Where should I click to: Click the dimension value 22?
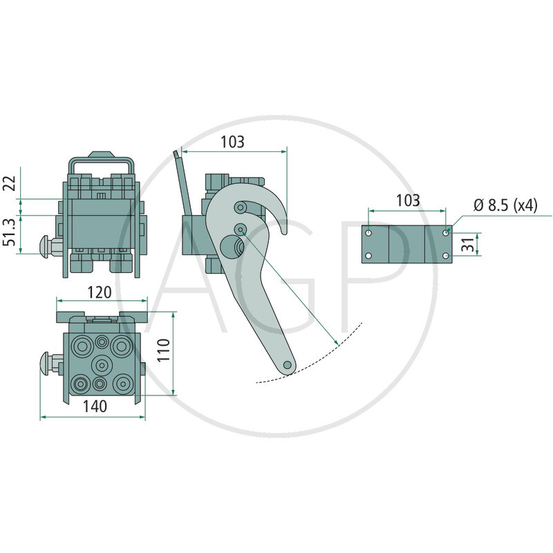tap(9, 183)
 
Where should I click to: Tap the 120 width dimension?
tap(100, 292)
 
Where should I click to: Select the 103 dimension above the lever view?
tap(232, 142)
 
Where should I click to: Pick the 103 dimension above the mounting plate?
tap(408, 200)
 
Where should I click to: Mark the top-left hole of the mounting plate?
tap(368, 233)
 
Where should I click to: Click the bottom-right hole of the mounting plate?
tap(446, 256)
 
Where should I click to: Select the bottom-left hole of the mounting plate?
tap(368, 256)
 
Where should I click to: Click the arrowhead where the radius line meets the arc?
tap(335, 344)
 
